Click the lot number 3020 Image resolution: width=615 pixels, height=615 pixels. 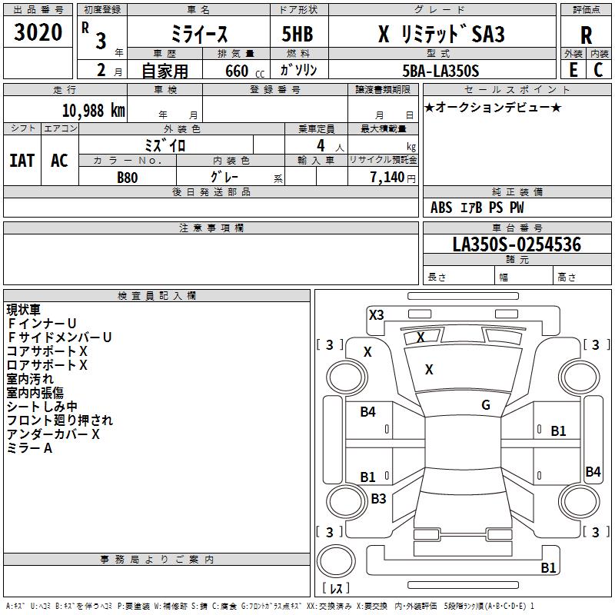pyautogui.click(x=38, y=32)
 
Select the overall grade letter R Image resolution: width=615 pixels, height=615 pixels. pyautogui.click(x=586, y=35)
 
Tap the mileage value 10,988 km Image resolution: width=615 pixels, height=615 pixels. pyautogui.click(x=93, y=111)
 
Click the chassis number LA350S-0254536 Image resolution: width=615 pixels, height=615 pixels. pyautogui.click(x=517, y=244)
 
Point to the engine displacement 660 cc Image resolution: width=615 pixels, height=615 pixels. pyautogui.click(x=244, y=71)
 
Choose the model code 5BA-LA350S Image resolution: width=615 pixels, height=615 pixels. pyautogui.click(x=440, y=71)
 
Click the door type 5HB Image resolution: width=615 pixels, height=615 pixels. pyautogui.click(x=298, y=34)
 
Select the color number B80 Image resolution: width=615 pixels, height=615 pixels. pyautogui.click(x=128, y=178)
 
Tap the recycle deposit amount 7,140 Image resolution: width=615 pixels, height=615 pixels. pyautogui.click(x=387, y=178)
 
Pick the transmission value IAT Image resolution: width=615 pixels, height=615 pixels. pyautogui.click(x=22, y=161)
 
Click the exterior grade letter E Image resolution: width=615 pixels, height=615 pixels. pyautogui.click(x=573, y=70)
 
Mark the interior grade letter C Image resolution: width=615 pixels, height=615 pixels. pyautogui.click(x=598, y=70)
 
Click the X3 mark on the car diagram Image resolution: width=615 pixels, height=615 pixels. pyautogui.click(x=376, y=315)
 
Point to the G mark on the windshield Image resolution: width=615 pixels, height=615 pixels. pyautogui.click(x=486, y=405)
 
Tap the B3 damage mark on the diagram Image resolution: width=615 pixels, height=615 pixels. pyautogui.click(x=378, y=498)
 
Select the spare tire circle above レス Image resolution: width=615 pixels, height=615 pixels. pyautogui.click(x=336, y=561)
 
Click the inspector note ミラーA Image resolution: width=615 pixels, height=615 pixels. pyautogui.click(x=29, y=448)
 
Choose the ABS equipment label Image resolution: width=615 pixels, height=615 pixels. pyautogui.click(x=441, y=208)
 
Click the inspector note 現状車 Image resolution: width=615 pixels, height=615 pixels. pyautogui.click(x=24, y=310)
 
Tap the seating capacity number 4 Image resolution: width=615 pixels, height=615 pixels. pyautogui.click(x=321, y=145)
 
